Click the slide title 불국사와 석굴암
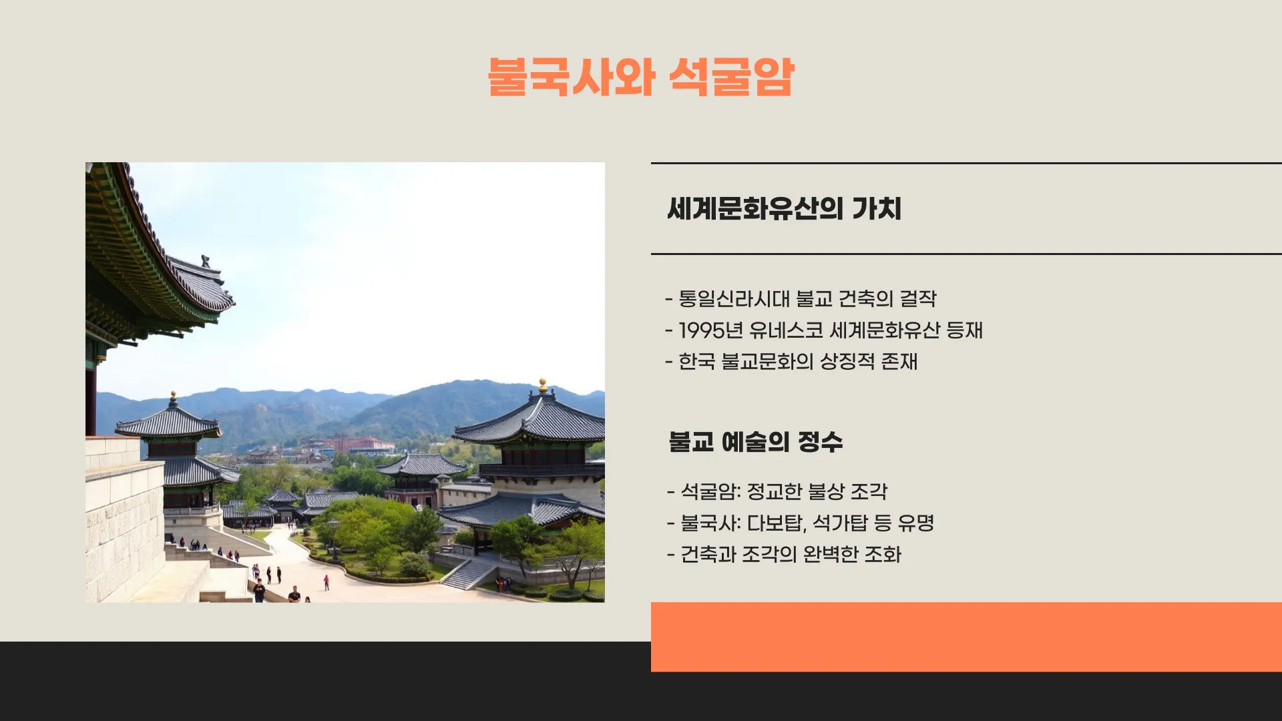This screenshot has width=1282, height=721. [640, 77]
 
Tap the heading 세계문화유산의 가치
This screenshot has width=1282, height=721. [784, 209]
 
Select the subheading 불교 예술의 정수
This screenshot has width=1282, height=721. [755, 442]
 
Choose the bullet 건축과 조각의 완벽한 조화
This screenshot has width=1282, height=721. [790, 555]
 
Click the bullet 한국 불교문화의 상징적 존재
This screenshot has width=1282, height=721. [797, 362]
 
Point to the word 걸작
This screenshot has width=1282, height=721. [918, 299]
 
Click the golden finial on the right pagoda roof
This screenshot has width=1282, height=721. [543, 385]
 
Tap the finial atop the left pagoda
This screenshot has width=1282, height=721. [174, 399]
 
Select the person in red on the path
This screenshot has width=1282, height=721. [327, 582]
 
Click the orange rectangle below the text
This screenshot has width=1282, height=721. [966, 636]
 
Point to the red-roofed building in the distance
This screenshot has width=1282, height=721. [361, 443]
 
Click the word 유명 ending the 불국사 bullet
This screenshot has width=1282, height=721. [915, 523]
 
